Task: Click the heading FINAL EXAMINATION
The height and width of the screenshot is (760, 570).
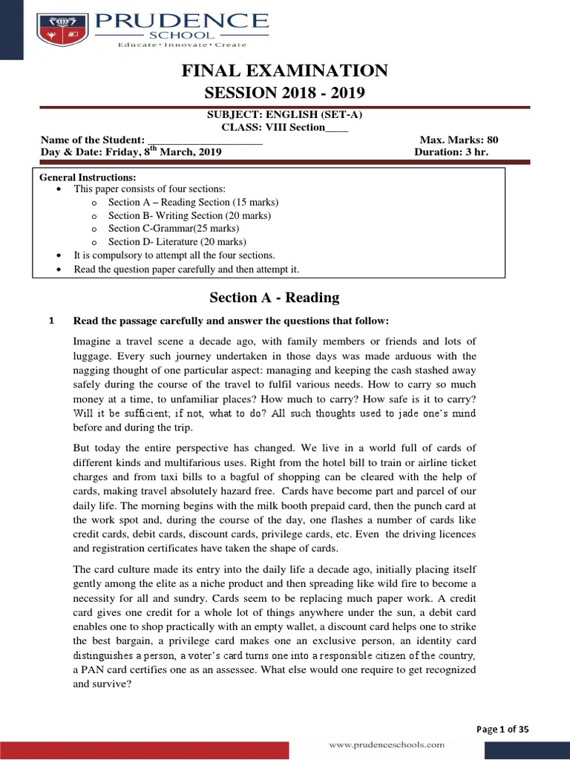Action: pyautogui.click(x=285, y=71)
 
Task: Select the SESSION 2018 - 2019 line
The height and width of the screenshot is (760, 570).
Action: pyautogui.click(x=285, y=93)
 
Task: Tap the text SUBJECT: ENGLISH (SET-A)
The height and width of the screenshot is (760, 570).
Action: pyautogui.click(x=285, y=115)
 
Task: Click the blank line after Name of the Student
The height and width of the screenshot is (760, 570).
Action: pyautogui.click(x=205, y=140)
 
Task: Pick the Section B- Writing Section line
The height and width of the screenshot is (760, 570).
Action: pyautogui.click(x=189, y=216)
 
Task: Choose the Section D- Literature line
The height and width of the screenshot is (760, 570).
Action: pyautogui.click(x=177, y=242)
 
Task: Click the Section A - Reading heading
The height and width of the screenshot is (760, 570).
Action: pyautogui.click(x=275, y=298)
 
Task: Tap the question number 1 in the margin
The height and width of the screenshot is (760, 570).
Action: pyautogui.click(x=50, y=321)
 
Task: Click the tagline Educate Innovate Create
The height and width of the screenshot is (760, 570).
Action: pyautogui.click(x=183, y=45)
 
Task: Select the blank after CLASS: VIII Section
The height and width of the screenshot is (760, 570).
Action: pyautogui.click(x=337, y=128)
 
